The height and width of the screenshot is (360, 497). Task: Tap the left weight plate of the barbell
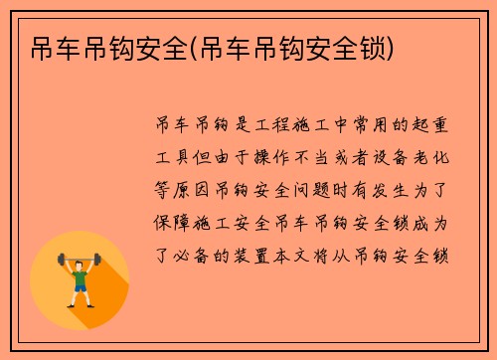pyautogui.click(x=62, y=259)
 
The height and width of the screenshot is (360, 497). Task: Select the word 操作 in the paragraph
pyautogui.click(x=280, y=157)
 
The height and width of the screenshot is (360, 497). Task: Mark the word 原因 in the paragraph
pyautogui.click(x=193, y=189)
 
